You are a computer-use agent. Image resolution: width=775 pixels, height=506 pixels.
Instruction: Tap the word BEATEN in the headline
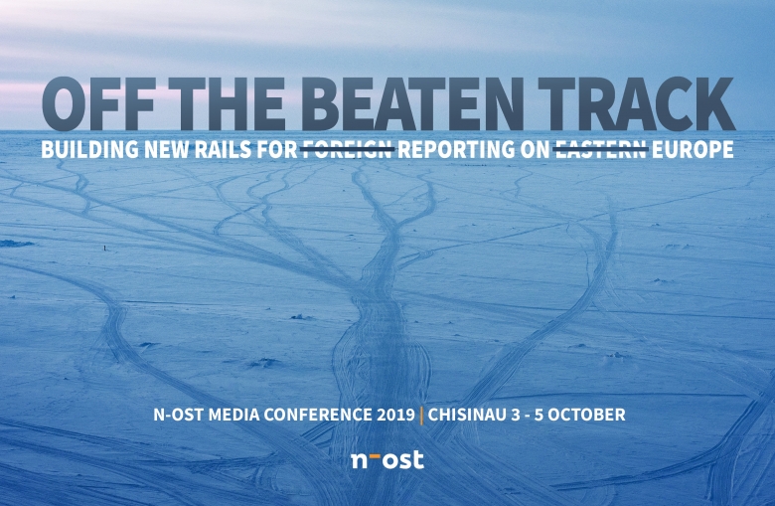coord(412,104)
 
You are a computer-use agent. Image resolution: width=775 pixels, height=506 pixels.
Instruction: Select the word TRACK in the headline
coord(636,104)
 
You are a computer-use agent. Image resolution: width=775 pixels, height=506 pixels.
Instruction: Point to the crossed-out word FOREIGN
coord(348,149)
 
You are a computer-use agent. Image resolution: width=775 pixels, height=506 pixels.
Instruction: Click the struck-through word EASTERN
coord(601,149)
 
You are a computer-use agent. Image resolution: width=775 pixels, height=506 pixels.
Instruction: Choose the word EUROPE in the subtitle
coord(693,149)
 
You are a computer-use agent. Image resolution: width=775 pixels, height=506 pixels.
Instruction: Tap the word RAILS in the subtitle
coord(223,149)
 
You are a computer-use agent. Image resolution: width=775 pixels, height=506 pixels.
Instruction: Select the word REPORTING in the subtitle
coord(456,149)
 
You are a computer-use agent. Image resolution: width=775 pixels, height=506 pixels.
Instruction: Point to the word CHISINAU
coord(467,415)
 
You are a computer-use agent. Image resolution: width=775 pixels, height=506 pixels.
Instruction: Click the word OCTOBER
coord(586,415)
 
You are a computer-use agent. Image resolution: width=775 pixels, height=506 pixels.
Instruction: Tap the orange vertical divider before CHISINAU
coord(421,416)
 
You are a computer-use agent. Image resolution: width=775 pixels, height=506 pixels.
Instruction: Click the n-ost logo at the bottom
coord(387,459)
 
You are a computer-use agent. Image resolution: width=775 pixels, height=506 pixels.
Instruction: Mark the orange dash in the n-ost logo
coord(375,453)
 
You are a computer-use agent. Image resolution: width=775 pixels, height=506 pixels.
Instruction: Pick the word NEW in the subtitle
coord(167,149)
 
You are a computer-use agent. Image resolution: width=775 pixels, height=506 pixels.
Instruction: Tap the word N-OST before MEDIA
coord(179,415)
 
